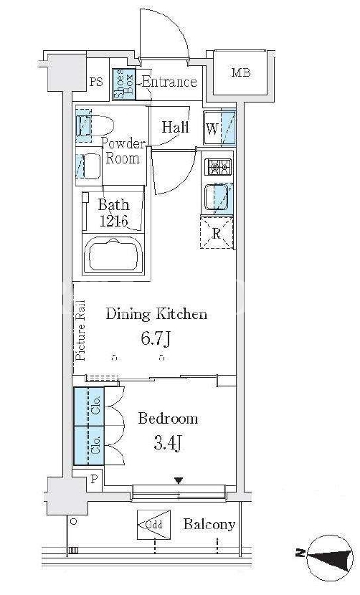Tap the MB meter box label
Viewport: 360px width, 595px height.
(x=241, y=72)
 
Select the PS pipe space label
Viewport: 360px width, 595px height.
(x=96, y=81)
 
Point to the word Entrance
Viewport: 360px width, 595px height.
(x=169, y=82)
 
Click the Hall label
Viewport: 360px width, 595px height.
(x=176, y=127)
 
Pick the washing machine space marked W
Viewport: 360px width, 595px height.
(x=219, y=128)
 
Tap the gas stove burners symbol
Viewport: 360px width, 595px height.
(x=218, y=167)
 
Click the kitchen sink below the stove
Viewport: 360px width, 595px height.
(x=218, y=198)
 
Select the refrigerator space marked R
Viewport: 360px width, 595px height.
(x=216, y=232)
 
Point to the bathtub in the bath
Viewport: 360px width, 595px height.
(x=113, y=254)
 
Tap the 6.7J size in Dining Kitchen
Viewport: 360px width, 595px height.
(x=156, y=338)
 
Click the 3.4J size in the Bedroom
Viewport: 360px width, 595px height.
(x=167, y=442)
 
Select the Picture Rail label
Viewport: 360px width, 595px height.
(x=80, y=330)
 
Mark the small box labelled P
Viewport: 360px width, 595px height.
(x=94, y=478)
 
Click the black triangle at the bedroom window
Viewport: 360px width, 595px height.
(x=179, y=481)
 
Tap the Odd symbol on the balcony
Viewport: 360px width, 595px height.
(x=153, y=525)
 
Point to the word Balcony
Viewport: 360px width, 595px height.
(x=209, y=524)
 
